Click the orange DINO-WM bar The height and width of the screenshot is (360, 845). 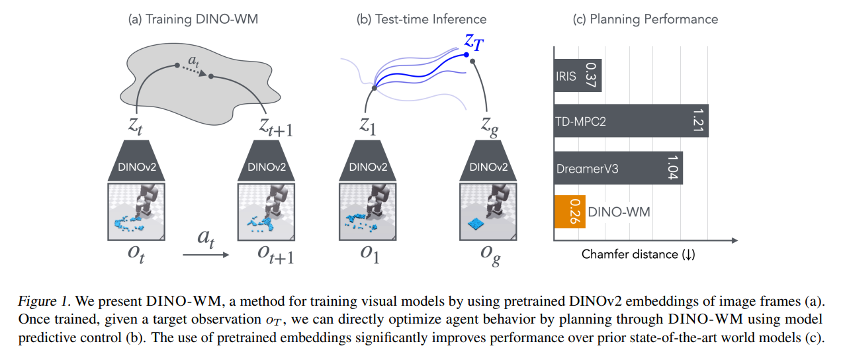[x=570, y=212]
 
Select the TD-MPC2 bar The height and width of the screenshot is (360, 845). [x=631, y=120]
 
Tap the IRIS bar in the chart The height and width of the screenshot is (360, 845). [x=578, y=75]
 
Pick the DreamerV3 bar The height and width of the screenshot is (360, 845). [x=618, y=168]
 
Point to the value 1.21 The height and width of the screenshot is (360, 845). [x=698, y=120]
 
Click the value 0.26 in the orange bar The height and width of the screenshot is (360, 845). [x=574, y=211]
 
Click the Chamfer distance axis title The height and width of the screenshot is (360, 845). [x=638, y=254]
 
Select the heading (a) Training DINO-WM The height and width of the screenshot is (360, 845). [x=193, y=19]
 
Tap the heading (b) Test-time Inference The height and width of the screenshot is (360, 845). [x=422, y=19]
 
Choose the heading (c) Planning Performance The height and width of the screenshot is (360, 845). [x=645, y=19]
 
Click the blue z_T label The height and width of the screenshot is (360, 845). [x=474, y=42]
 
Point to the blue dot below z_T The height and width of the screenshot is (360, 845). [x=467, y=55]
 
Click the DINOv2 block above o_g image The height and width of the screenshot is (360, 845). [x=488, y=161]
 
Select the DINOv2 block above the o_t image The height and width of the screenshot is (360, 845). [x=136, y=161]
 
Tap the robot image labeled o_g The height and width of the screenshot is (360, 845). [x=488, y=212]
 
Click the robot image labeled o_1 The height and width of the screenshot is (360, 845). [x=368, y=212]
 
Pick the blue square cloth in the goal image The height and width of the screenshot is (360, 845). [x=476, y=224]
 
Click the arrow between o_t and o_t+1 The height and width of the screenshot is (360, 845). [x=206, y=255]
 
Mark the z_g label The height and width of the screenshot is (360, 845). [x=490, y=127]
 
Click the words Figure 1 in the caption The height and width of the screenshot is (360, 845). [x=44, y=301]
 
